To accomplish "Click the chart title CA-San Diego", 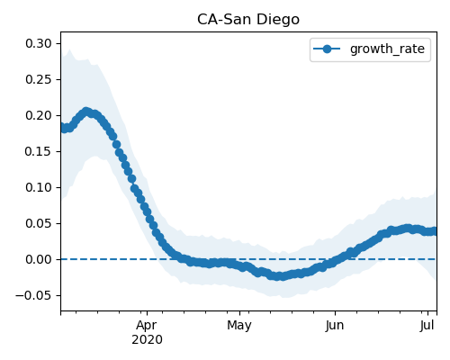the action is pyautogui.click(x=248, y=20).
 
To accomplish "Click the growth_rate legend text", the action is pyautogui.click(x=387, y=49).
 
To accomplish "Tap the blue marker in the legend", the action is pyautogui.click(x=327, y=49).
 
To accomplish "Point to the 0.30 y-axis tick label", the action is pyautogui.click(x=39, y=43).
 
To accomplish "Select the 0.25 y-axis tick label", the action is pyautogui.click(x=39, y=79).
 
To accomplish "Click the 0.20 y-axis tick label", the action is pyautogui.click(x=39, y=115).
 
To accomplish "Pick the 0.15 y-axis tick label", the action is pyautogui.click(x=39, y=151).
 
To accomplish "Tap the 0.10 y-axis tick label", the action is pyautogui.click(x=39, y=187).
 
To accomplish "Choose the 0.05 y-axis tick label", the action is pyautogui.click(x=39, y=223).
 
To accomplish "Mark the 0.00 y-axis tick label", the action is pyautogui.click(x=39, y=259).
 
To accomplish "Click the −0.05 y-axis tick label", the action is pyautogui.click(x=33, y=295).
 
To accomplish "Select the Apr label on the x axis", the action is pyautogui.click(x=147, y=326).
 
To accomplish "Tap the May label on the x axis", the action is pyautogui.click(x=239, y=326).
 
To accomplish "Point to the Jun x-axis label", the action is pyautogui.click(x=335, y=326).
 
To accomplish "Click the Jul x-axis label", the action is pyautogui.click(x=427, y=326).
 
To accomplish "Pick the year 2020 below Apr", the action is pyautogui.click(x=147, y=340).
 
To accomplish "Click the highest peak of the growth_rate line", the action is pyautogui.click(x=86, y=112).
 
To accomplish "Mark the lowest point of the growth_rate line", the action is pyautogui.click(x=278, y=276).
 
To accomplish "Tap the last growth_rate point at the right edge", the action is pyautogui.click(x=435, y=231).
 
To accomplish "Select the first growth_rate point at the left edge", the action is pyautogui.click(x=62, y=127).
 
